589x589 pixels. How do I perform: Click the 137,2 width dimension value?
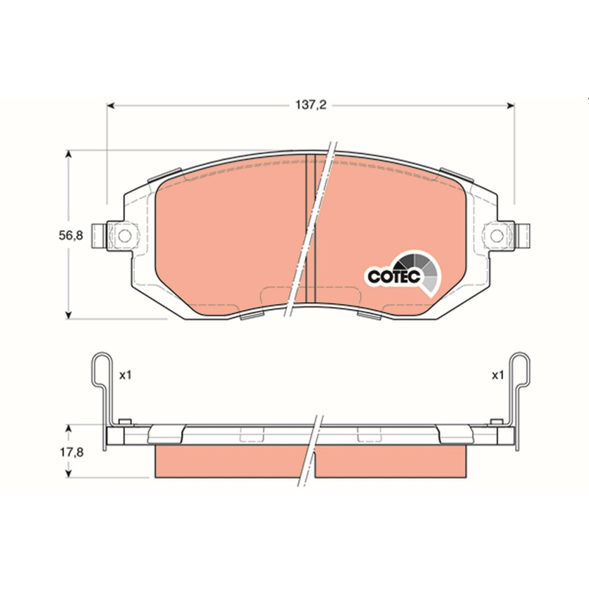click(311, 105)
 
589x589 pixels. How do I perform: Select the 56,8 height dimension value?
click(71, 236)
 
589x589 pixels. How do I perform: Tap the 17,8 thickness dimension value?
click(71, 452)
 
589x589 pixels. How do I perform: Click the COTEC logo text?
click(394, 277)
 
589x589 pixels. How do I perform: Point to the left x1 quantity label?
click(125, 375)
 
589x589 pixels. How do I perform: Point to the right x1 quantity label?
click(498, 375)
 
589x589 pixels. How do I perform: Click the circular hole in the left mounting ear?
click(124, 236)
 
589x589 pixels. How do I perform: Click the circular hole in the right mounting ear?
click(497, 236)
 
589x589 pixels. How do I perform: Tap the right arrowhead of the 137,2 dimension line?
click(510, 105)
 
